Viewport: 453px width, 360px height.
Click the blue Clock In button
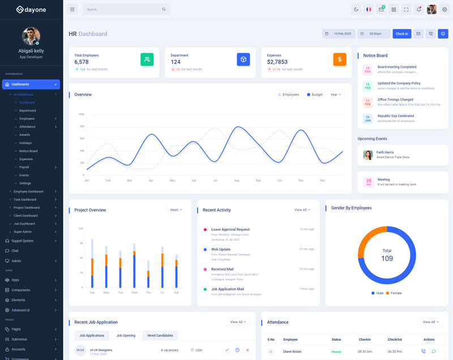tap(401, 34)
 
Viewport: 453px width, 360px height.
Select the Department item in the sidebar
tap(27, 110)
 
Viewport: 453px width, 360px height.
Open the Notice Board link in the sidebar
tap(28, 151)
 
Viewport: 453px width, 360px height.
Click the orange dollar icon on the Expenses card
tap(339, 59)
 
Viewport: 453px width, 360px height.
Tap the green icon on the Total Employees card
tap(147, 59)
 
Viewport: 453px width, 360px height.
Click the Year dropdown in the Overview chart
tap(335, 95)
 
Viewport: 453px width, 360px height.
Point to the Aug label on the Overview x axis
tap(237, 180)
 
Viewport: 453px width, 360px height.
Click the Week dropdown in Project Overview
tap(176, 210)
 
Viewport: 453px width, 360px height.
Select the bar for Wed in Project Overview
tap(134, 266)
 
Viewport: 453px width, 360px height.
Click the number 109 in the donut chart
tap(387, 259)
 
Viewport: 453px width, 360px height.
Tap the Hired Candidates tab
tap(160, 335)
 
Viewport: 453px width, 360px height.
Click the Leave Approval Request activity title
tap(230, 229)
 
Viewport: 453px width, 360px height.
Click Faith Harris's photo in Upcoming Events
tap(368, 155)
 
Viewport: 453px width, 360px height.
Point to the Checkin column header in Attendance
tap(365, 340)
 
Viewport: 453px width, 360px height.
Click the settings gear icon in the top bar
tap(444, 9)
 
